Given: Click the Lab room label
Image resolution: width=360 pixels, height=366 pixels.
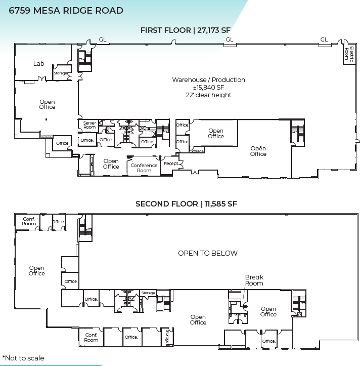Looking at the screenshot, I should pyautogui.click(x=39, y=64).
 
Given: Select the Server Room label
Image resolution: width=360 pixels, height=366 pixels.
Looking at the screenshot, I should pyautogui.click(x=89, y=125).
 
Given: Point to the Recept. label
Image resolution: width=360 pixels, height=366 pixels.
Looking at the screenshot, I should pyautogui.click(x=171, y=164).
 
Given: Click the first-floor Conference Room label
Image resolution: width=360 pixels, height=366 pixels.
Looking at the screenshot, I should pyautogui.click(x=144, y=168).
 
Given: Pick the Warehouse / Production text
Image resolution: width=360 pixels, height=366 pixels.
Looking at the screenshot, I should pyautogui.click(x=208, y=80).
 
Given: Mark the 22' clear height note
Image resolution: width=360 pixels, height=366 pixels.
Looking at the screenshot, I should pyautogui.click(x=208, y=95).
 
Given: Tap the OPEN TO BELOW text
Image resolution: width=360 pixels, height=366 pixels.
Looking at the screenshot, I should pyautogui.click(x=207, y=253).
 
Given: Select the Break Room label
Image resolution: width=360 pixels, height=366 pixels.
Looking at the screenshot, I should pyautogui.click(x=254, y=280).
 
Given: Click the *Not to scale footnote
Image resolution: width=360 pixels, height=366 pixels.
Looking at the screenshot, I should pyautogui.click(x=23, y=358).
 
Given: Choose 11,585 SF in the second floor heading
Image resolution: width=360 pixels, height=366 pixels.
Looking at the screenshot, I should pyautogui.click(x=218, y=204).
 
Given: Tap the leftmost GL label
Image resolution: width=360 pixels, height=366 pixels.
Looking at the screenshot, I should pyautogui.click(x=103, y=39).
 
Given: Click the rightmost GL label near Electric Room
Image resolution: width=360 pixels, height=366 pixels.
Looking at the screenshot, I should pyautogui.click(x=324, y=39).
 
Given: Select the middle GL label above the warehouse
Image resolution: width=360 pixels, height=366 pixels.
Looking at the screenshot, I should pyautogui.click(x=230, y=39).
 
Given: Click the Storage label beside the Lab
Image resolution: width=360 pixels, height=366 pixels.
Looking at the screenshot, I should pyautogui.click(x=61, y=73).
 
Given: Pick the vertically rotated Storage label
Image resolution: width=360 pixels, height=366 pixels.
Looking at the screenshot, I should pyautogui.click(x=167, y=337).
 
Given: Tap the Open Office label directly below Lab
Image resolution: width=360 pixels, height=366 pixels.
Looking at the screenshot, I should pyautogui.click(x=47, y=104).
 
